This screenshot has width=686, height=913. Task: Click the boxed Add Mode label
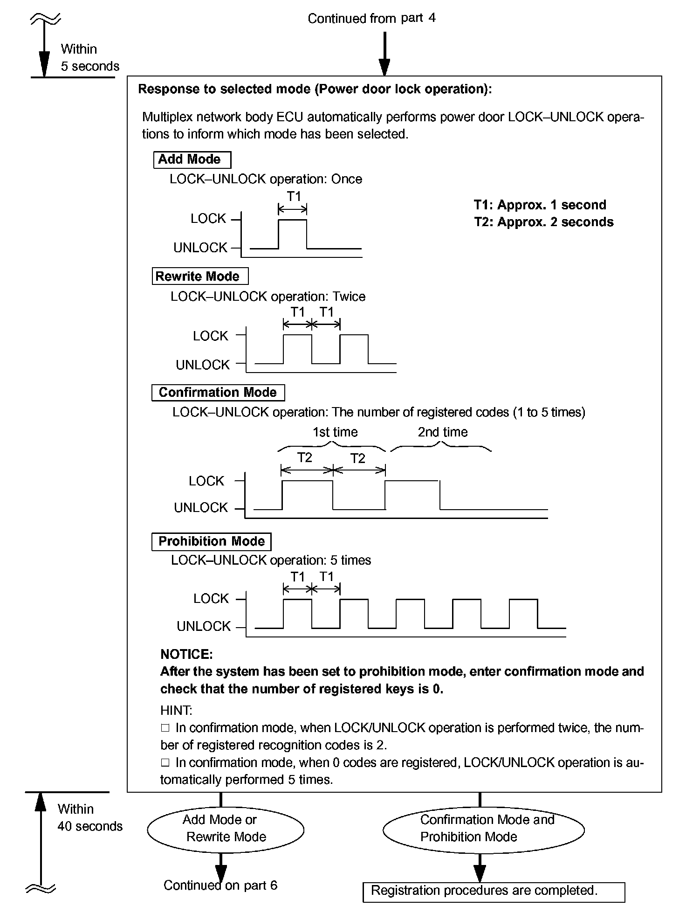click(192, 159)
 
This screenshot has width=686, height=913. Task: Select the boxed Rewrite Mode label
click(199, 276)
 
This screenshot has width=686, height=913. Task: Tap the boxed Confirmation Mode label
click(218, 393)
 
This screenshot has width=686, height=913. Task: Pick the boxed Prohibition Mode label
click(211, 541)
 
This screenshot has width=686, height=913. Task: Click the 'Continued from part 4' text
click(371, 19)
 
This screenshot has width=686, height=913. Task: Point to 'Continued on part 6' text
click(220, 885)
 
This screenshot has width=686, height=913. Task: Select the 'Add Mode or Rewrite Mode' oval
click(226, 828)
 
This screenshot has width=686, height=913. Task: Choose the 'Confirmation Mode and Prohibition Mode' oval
click(483, 829)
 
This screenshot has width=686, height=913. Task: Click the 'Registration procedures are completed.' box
click(493, 891)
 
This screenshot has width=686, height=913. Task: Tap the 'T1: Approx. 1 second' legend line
click(540, 205)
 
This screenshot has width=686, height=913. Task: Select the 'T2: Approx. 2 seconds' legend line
click(543, 222)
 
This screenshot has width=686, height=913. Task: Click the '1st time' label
click(335, 432)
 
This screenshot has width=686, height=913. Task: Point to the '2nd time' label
click(442, 432)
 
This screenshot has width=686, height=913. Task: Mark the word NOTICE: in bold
click(186, 654)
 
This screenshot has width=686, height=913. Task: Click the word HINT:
click(176, 710)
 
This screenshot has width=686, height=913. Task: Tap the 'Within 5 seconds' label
click(89, 58)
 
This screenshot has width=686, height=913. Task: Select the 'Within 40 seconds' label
click(89, 817)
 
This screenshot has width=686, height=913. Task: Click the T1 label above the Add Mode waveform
click(294, 196)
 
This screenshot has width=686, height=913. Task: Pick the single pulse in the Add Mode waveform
click(293, 233)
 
